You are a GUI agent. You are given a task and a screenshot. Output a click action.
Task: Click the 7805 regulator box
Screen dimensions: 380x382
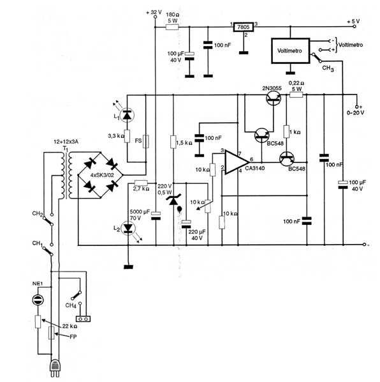(x=244, y=27)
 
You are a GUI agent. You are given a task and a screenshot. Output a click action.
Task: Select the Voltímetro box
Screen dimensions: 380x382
(x=291, y=50)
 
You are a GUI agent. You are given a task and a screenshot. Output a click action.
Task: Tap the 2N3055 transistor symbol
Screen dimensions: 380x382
(x=274, y=98)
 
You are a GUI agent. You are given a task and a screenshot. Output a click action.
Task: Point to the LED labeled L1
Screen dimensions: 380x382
(x=127, y=115)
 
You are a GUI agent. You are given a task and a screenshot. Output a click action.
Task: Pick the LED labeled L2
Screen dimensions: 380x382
(x=128, y=228)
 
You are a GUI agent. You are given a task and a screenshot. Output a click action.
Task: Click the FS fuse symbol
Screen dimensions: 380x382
(x=145, y=141)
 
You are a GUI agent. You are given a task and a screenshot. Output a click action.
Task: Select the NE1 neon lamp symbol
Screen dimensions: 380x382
(x=38, y=300)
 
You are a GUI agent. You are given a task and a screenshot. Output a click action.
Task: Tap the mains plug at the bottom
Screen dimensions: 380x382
(x=55, y=368)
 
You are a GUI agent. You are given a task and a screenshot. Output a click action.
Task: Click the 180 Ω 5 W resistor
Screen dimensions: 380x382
(x=172, y=27)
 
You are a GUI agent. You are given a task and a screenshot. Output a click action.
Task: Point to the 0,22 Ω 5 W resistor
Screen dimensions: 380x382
(x=296, y=95)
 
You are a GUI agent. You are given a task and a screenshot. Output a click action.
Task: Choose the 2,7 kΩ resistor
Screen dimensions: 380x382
(x=142, y=183)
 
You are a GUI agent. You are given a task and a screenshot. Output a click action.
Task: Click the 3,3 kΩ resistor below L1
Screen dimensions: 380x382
(x=127, y=136)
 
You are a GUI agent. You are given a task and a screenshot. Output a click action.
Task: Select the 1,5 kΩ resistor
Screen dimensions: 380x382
(x=173, y=142)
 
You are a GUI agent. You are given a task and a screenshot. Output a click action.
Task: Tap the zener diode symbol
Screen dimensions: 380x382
(x=173, y=200)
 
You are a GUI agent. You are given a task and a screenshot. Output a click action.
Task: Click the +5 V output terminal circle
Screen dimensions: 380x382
(x=354, y=27)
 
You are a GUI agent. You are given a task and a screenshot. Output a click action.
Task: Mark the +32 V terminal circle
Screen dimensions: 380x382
(x=155, y=17)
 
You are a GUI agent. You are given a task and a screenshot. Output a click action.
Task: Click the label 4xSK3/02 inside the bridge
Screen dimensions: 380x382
(x=102, y=175)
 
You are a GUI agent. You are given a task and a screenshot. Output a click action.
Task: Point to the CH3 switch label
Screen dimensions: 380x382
(x=328, y=68)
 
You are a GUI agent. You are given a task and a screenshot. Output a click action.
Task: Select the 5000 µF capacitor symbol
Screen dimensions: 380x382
(x=156, y=216)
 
